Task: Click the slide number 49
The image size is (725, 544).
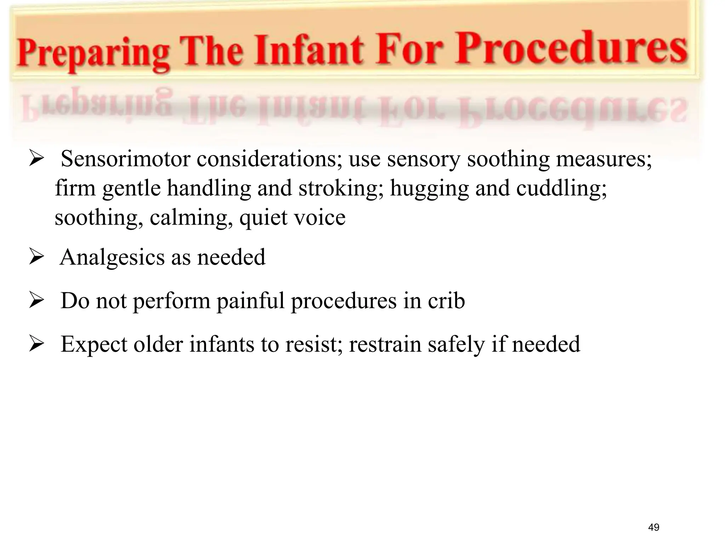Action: [653, 527]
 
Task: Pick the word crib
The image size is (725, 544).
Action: [446, 301]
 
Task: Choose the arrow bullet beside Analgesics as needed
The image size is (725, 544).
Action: [36, 258]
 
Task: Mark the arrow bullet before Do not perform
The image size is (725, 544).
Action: [36, 301]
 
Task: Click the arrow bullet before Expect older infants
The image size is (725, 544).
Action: [36, 345]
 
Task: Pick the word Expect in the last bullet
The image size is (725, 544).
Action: [94, 344]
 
